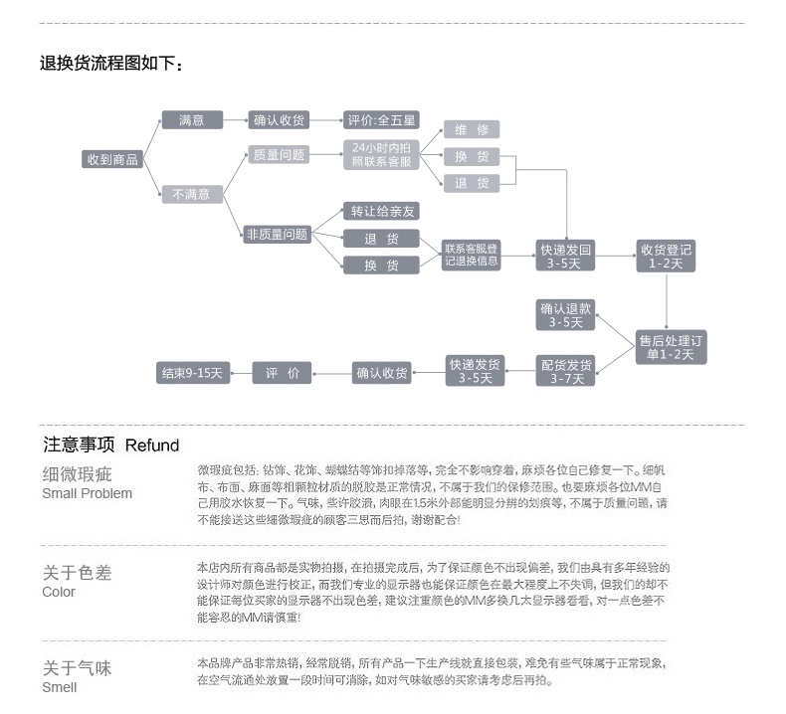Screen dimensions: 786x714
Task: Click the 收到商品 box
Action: tap(112, 159)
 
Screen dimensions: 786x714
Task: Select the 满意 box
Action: tap(192, 120)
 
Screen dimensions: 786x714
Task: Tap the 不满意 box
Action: tap(192, 195)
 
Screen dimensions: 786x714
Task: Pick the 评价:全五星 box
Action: tap(381, 120)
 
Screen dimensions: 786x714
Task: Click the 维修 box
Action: tap(472, 130)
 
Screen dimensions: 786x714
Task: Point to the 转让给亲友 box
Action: tap(382, 211)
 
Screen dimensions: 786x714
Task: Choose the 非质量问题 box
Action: tap(277, 235)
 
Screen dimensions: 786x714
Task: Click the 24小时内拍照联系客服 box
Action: tap(382, 155)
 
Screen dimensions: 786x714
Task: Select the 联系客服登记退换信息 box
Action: tap(472, 255)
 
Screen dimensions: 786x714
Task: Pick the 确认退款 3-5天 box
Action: tap(566, 314)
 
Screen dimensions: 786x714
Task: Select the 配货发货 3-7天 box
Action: tap(566, 371)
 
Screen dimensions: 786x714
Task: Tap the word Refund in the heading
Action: tap(152, 446)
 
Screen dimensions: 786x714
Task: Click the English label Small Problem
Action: tap(87, 493)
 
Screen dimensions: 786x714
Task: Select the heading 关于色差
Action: tap(77, 573)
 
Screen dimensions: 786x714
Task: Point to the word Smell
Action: tap(60, 687)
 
